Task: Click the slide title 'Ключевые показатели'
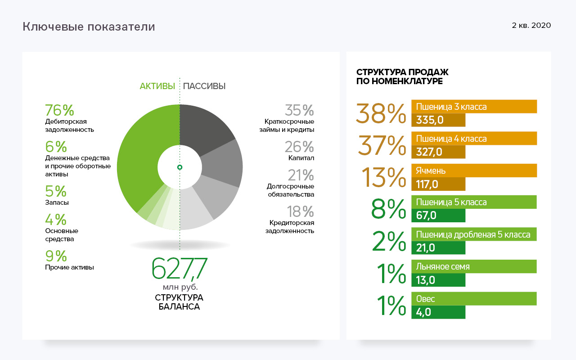[89, 27]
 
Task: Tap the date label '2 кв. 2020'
[531, 26]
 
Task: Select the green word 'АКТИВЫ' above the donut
[157, 86]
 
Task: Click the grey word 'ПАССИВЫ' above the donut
[204, 86]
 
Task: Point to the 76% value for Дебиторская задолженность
[59, 111]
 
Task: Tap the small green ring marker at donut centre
[180, 167]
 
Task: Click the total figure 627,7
[179, 269]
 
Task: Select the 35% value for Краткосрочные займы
[299, 111]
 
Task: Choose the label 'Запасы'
[57, 203]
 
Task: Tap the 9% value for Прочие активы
[56, 256]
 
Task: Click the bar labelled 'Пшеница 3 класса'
[474, 107]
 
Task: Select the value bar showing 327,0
[438, 152]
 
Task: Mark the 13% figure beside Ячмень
[383, 177]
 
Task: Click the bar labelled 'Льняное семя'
[474, 266]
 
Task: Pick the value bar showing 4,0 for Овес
[438, 312]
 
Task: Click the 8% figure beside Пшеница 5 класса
[388, 209]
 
